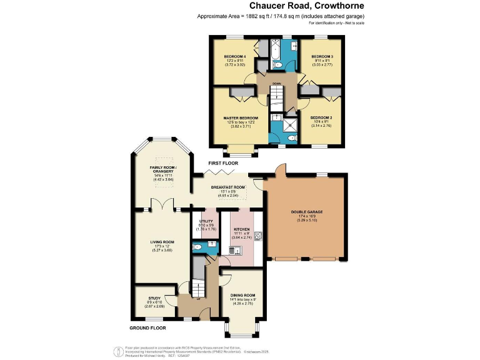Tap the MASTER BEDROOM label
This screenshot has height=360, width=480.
(241, 118)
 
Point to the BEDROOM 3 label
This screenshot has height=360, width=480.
(322, 57)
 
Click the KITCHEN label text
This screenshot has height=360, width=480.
(241, 229)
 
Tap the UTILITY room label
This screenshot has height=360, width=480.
(206, 221)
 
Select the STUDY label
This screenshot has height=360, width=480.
(154, 298)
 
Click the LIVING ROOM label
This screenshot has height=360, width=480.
(162, 242)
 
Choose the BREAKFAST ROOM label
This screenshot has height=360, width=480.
(227, 187)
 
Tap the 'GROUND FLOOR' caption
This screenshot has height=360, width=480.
(147, 327)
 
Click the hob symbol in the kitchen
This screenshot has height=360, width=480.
(258, 236)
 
